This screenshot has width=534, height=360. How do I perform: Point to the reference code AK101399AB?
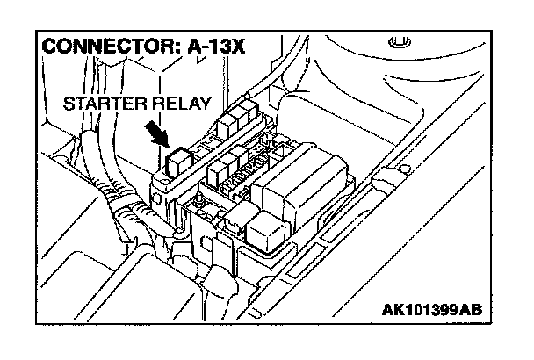pyautogui.click(x=432, y=311)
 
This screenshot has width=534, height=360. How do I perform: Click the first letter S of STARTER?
pyautogui.click(x=69, y=104)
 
